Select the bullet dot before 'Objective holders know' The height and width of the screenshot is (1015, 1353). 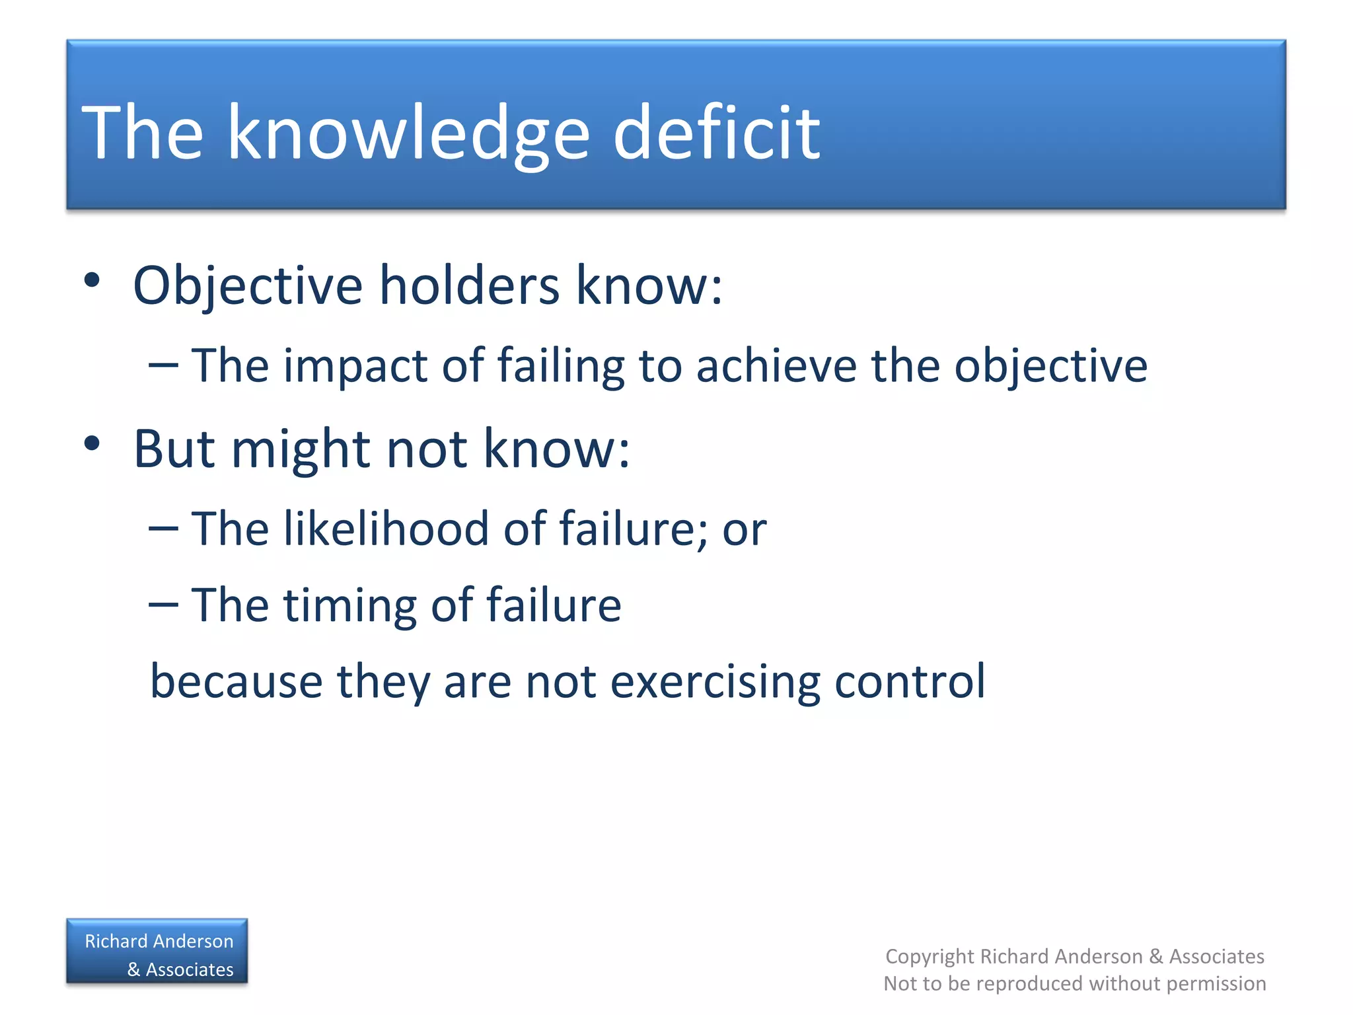pyautogui.click(x=92, y=280)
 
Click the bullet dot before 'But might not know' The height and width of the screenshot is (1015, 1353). pyautogui.click(x=92, y=443)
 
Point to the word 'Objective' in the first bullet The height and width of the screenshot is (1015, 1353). pyautogui.click(x=248, y=286)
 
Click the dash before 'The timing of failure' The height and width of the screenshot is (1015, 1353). pyautogui.click(x=163, y=605)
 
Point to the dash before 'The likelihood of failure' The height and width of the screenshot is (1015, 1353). pyautogui.click(x=163, y=529)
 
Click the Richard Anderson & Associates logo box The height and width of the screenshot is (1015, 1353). pyautogui.click(x=157, y=952)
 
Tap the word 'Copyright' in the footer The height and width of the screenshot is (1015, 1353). pyautogui.click(x=930, y=956)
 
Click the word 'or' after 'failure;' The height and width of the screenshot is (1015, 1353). pyautogui.click(x=745, y=530)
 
